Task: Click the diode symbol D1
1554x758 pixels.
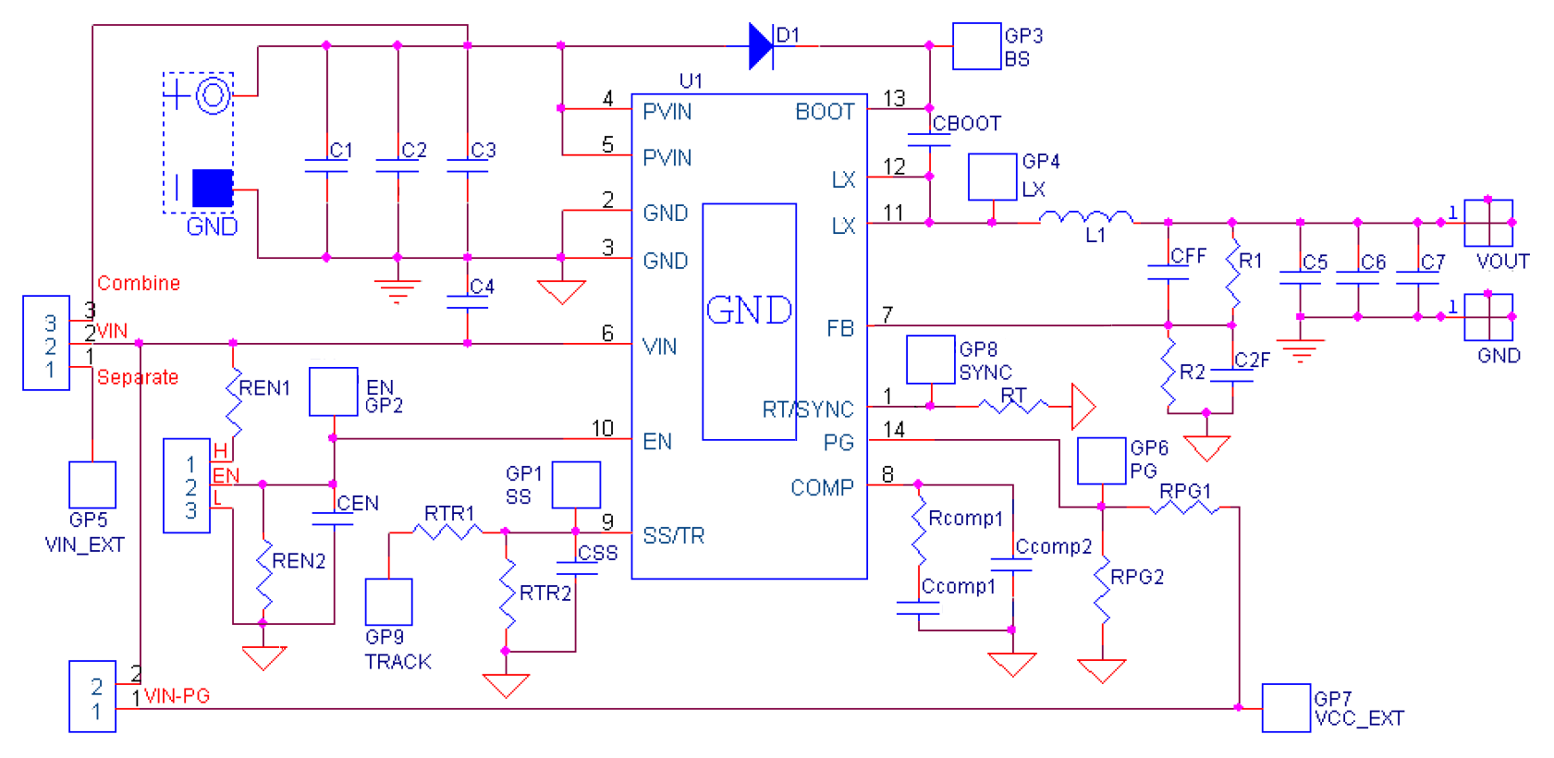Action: pyautogui.click(x=762, y=45)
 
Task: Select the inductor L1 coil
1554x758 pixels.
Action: pyautogui.click(x=1086, y=218)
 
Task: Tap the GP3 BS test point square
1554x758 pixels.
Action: pyautogui.click(x=976, y=46)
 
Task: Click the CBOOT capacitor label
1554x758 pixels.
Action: pyautogui.click(x=966, y=124)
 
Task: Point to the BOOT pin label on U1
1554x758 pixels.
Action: pyautogui.click(x=825, y=112)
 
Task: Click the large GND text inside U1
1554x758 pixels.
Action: pyautogui.click(x=749, y=311)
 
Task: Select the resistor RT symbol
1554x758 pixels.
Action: pyautogui.click(x=1013, y=406)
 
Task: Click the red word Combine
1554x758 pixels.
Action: pyautogui.click(x=139, y=283)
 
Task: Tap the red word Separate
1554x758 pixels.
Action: pyautogui.click(x=138, y=377)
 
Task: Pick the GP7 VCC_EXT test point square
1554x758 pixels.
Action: pyautogui.click(x=1286, y=708)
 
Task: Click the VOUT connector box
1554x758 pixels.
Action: pyautogui.click(x=1488, y=223)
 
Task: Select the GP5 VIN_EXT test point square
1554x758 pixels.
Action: pyautogui.click(x=92, y=484)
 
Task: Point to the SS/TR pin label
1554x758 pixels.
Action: pyautogui.click(x=673, y=536)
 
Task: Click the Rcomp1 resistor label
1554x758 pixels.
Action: pyautogui.click(x=965, y=519)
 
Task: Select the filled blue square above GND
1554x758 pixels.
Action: pyautogui.click(x=213, y=189)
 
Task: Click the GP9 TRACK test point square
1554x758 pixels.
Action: pyautogui.click(x=388, y=602)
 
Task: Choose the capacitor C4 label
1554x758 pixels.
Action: pyautogui.click(x=482, y=287)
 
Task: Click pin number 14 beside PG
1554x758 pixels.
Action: pyautogui.click(x=894, y=430)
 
